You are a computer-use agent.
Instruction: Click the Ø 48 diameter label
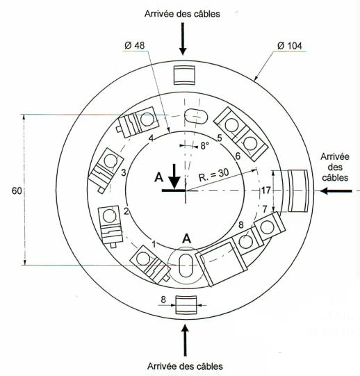coord(135,45)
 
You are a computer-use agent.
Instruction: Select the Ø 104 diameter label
coord(290,46)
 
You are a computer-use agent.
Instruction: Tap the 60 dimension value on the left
coord(17,191)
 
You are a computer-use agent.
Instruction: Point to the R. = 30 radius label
coord(213,175)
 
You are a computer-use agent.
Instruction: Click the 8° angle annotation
coord(204,145)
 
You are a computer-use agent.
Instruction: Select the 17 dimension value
coord(266,190)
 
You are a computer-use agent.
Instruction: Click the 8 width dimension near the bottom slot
coord(163,300)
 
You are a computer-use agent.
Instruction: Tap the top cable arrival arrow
coord(183,39)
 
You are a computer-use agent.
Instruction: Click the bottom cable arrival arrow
coord(185,340)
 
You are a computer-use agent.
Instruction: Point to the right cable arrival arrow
coord(336,191)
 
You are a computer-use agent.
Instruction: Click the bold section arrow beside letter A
coord(174,177)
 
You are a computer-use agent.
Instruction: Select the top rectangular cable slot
coord(184,75)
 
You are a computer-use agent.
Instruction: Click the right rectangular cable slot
coord(298,190)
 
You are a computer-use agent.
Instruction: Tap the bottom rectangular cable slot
coord(186,305)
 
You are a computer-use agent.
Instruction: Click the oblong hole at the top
coord(196,116)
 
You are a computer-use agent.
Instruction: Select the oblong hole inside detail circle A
coord(186,265)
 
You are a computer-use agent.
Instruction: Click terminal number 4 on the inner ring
coord(151,138)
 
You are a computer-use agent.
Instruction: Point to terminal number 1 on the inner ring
coord(154,245)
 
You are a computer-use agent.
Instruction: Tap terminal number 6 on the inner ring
coord(238,156)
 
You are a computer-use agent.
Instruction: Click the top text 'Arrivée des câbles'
coord(182,14)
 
